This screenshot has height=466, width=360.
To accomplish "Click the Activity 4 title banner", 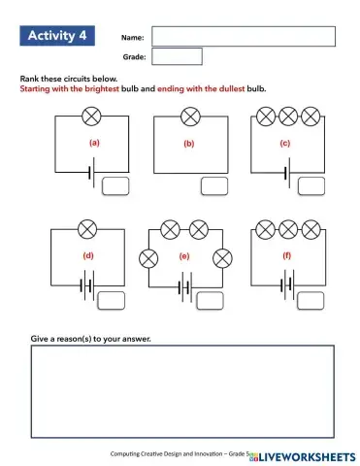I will click(57, 36).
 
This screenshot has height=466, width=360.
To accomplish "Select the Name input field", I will click(244, 36).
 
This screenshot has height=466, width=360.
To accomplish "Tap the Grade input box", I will click(178, 57).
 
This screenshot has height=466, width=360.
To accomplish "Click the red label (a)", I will click(94, 144).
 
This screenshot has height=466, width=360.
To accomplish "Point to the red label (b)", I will click(189, 144).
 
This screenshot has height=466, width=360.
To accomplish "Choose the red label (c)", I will click(285, 144).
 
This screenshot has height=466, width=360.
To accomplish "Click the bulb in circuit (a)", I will click(92, 116).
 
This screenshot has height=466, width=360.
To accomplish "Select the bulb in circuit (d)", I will click(88, 230).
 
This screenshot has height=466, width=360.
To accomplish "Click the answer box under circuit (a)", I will click(116, 185).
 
